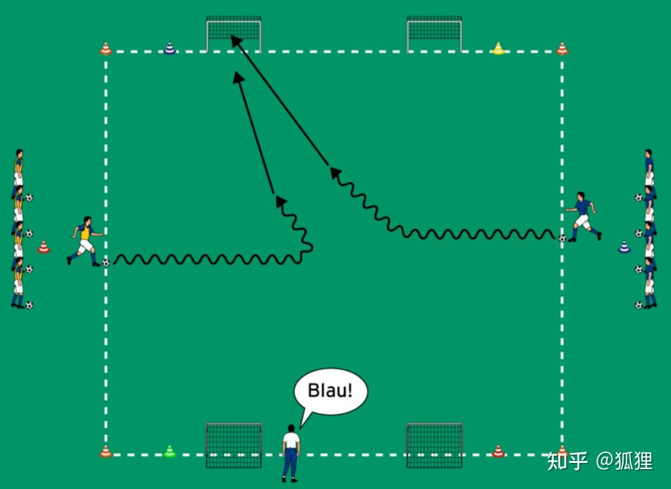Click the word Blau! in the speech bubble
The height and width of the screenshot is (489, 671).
329,390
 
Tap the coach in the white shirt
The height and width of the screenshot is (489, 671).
290,450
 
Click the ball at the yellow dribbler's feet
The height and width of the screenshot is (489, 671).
105,263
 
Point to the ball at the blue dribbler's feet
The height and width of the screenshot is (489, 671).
562,237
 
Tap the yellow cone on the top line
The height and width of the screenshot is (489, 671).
498,48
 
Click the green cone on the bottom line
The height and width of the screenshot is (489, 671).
169,452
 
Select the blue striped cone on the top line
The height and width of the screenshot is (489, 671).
169,48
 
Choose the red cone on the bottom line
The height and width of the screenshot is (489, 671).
498,452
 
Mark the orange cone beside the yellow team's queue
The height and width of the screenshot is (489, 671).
43,248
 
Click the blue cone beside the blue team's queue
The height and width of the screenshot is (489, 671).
624,248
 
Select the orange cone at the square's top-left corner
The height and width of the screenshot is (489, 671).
105,48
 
